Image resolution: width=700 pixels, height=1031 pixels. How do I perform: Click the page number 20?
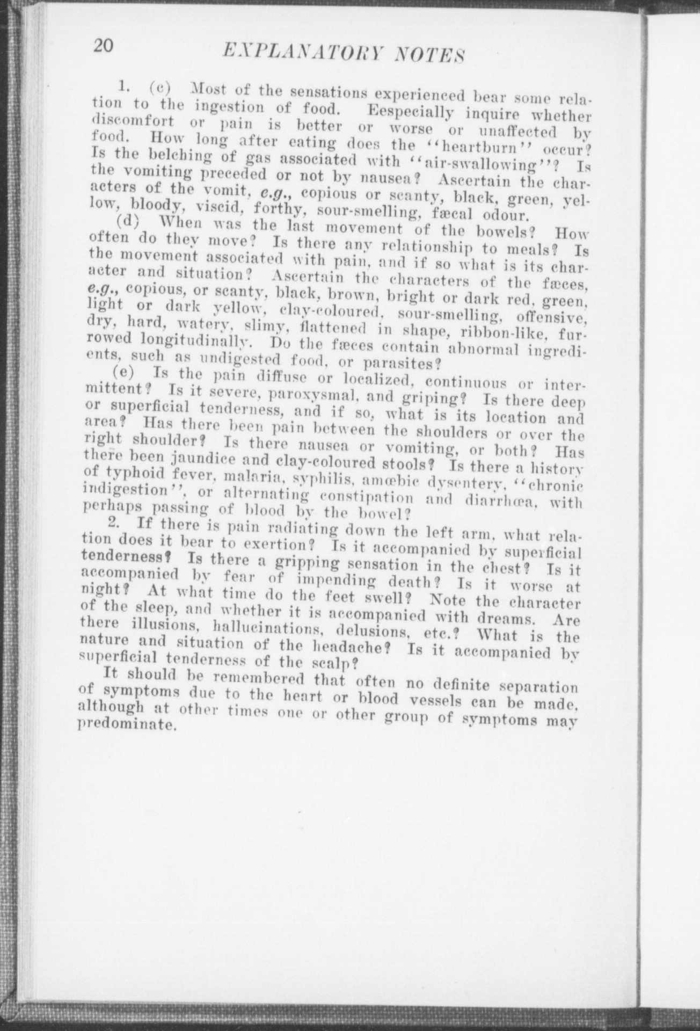(103, 47)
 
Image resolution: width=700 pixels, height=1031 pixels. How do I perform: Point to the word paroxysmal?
(309, 397)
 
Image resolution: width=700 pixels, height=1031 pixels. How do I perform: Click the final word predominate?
(127, 726)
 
